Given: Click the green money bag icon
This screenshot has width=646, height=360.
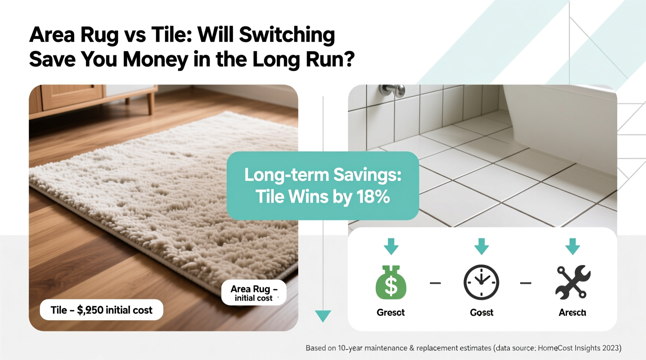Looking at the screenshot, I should point(391,283).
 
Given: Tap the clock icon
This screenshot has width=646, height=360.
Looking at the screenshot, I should point(481,282).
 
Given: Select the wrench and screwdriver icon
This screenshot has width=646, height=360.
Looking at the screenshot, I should point(573,282).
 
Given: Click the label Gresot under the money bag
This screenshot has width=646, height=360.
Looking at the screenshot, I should point(391,312).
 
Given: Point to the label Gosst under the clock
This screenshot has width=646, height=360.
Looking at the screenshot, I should point(481,312).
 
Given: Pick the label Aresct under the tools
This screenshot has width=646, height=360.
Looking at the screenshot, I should point(572,312).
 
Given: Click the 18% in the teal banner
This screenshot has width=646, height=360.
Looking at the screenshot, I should point(373,197).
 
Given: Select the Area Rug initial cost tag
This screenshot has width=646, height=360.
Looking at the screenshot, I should point(254,293).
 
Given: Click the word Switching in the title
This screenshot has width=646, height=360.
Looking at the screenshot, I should point(287,35).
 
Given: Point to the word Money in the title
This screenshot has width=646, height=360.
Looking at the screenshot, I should point(155,59).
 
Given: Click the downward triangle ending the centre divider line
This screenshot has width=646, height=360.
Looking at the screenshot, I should point(323,315).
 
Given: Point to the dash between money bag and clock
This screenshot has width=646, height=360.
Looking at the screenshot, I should point(435,283).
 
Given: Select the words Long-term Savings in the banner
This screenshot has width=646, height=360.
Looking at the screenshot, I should point(323,175).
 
